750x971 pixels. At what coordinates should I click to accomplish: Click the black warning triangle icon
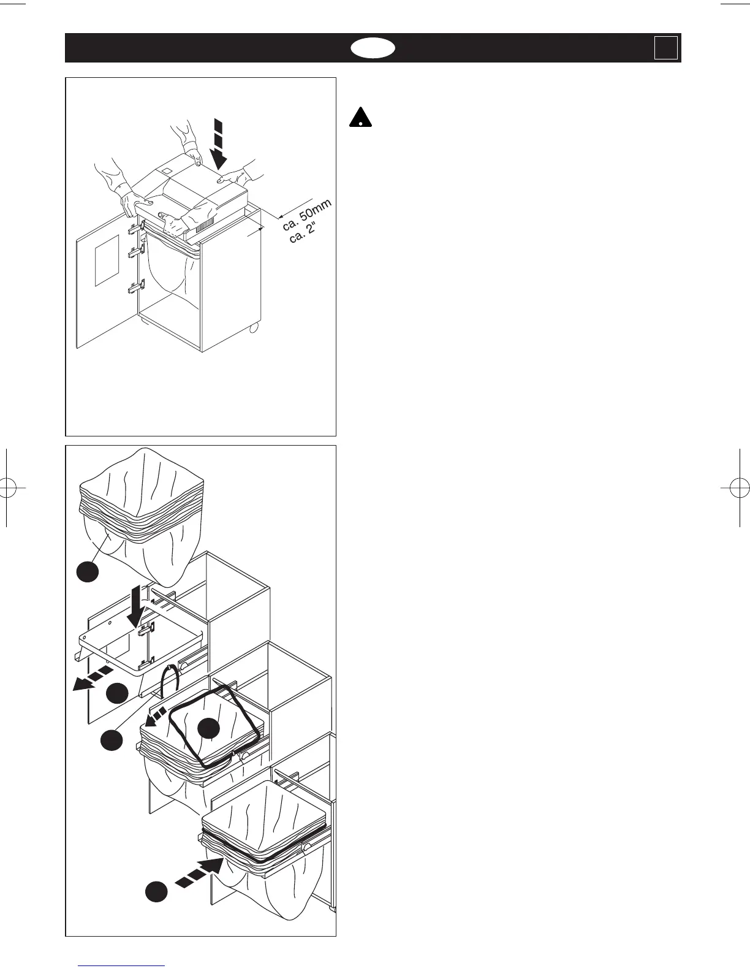pyautogui.click(x=362, y=117)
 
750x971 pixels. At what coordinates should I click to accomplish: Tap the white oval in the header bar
pyautogui.click(x=373, y=48)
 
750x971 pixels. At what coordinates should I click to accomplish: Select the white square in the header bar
pyautogui.click(x=665, y=48)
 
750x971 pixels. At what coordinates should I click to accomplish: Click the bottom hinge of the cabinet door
pyautogui.click(x=135, y=286)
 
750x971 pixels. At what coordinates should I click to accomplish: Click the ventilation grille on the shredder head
pyautogui.click(x=205, y=224)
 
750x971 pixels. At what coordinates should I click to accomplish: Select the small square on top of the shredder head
pyautogui.click(x=167, y=170)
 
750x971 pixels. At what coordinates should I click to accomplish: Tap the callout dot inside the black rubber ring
pyautogui.click(x=209, y=727)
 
